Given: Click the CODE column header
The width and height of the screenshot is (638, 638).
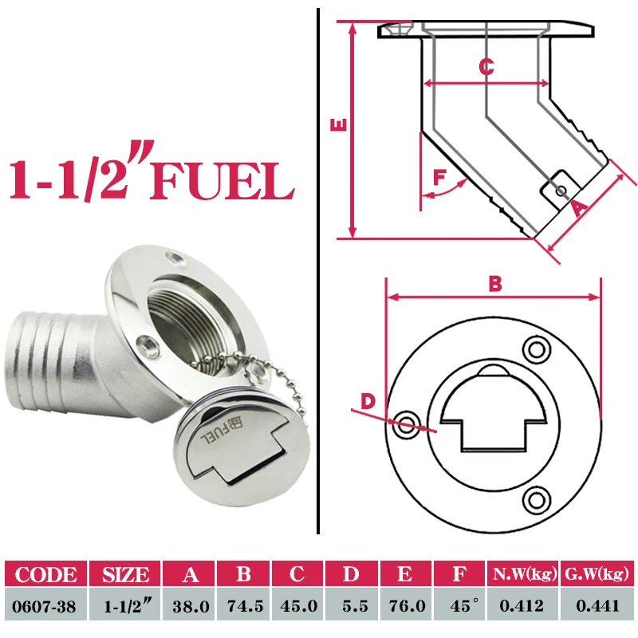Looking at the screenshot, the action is [46, 573].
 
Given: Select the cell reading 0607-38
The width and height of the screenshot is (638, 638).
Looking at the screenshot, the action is [45, 606].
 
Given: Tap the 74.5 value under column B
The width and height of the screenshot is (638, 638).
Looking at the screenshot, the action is [245, 606].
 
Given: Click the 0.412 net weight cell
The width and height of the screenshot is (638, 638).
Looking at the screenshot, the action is [522, 606].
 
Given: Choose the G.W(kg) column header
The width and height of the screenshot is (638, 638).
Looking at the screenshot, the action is [597, 573].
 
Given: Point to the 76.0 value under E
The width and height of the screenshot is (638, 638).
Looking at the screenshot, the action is [407, 606].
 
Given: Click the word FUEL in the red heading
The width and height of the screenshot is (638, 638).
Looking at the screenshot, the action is [223, 181].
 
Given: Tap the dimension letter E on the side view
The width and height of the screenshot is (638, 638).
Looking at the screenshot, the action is [339, 124].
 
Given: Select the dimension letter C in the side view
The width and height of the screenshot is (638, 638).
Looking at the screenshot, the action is [486, 66].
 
